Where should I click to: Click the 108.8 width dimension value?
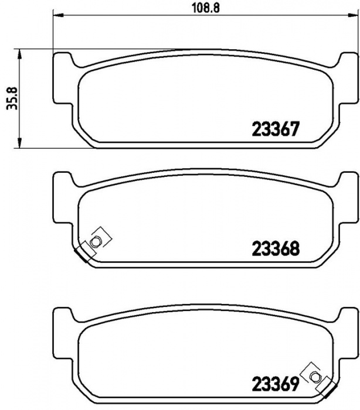coord(206,8)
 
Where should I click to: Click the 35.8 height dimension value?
coord(12,98)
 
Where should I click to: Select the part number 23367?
coord(275,129)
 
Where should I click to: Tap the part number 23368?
coord(276,248)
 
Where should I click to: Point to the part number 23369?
coord(275,384)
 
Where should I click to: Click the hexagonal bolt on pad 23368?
coord(95,241)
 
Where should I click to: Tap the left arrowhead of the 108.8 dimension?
coord(59,15)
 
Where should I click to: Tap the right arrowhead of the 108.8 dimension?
coord(352,15)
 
